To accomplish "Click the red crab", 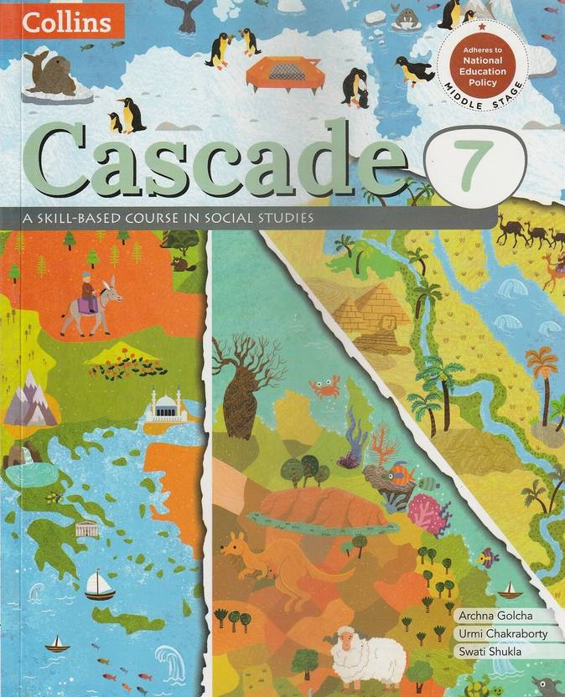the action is (324, 386).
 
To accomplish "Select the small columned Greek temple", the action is (87, 528).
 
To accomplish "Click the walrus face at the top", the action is (406, 18).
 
